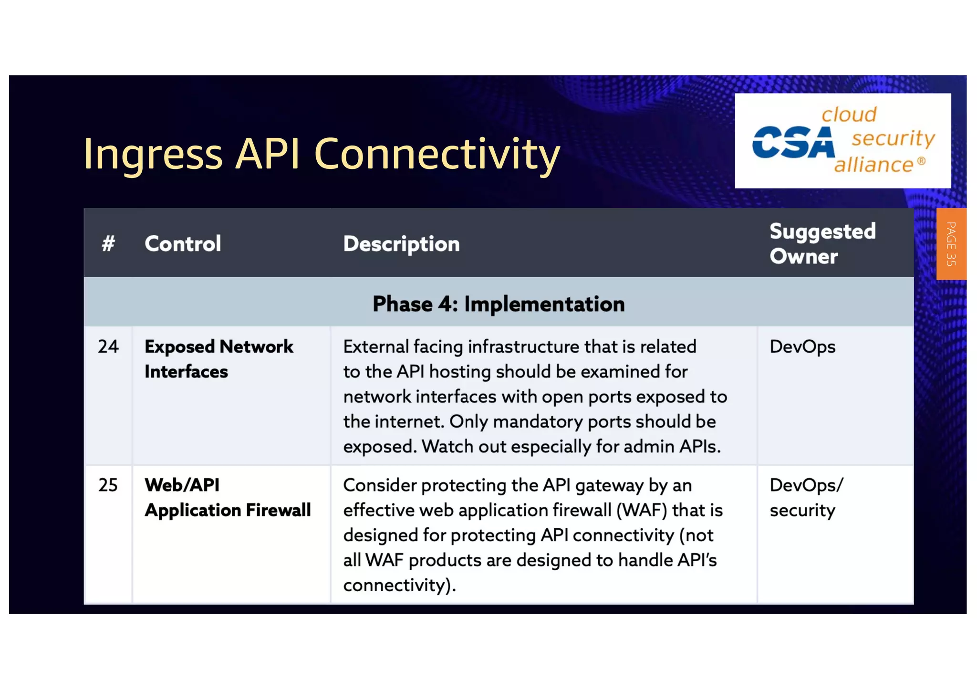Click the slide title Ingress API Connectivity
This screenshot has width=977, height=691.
[321, 154]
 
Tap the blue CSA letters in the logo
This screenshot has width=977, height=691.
[793, 142]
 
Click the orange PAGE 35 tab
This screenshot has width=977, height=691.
[951, 244]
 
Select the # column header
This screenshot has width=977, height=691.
[108, 244]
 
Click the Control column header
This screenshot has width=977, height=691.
[183, 244]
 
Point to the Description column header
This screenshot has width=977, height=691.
[401, 244]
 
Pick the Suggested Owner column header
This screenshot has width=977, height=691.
[822, 244]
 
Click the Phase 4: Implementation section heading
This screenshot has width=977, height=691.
[499, 304]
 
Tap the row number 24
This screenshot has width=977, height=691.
[108, 346]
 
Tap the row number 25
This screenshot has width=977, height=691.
[108, 485]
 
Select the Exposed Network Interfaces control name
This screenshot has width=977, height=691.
[218, 359]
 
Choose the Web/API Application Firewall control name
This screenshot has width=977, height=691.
[228, 498]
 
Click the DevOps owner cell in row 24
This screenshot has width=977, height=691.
[802, 347]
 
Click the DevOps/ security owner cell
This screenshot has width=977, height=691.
[806, 498]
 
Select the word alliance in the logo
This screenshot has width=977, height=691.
[873, 165]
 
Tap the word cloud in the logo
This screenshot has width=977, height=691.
[849, 115]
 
